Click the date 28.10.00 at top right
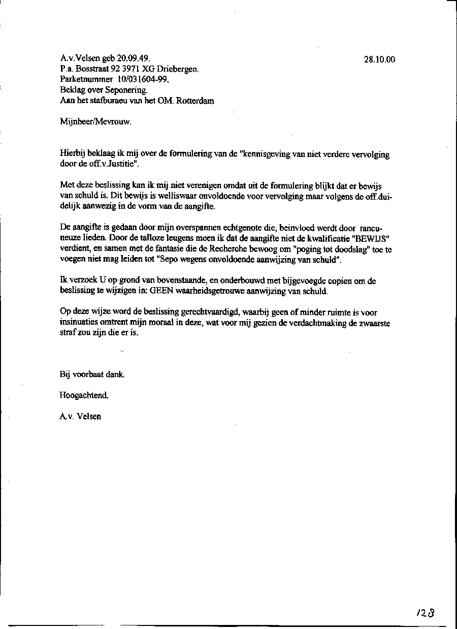[x=379, y=59]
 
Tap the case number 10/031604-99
[x=144, y=79]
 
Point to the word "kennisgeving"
[x=267, y=154]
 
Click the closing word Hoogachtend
[x=84, y=395]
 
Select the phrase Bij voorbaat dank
[x=92, y=374]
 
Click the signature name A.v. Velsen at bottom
[x=80, y=416]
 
